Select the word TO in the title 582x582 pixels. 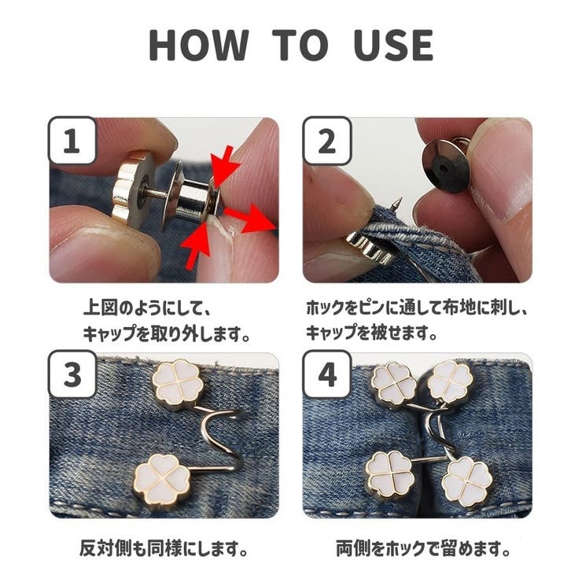[x=300, y=45]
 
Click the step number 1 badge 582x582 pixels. [x=72, y=142]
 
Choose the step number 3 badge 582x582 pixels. [x=72, y=375]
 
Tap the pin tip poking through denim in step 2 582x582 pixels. [x=400, y=204]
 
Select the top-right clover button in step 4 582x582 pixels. [x=450, y=383]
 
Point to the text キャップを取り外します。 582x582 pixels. [x=168, y=333]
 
